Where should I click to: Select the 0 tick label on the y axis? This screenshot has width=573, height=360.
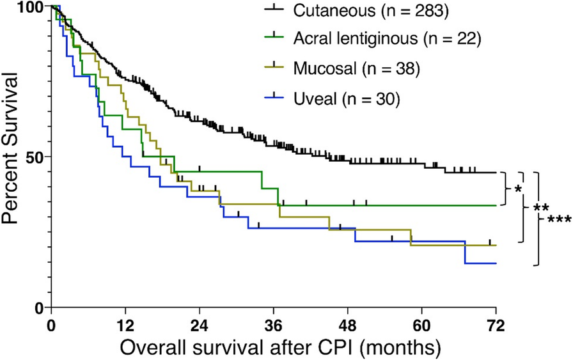tap(38, 308)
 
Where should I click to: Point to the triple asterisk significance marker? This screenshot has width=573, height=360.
tap(558, 219)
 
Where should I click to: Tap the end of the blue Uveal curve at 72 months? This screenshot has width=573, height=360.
tap(496, 263)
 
